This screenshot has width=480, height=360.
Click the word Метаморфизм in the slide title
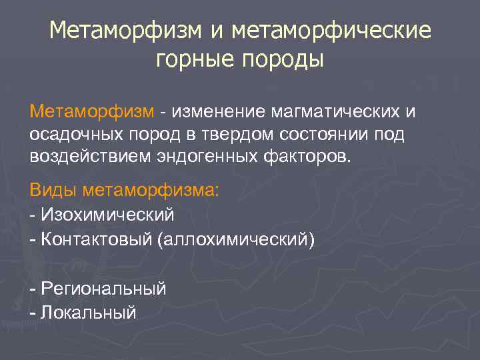119,31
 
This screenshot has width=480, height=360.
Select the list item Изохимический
107,215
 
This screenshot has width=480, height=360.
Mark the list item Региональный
103,289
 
